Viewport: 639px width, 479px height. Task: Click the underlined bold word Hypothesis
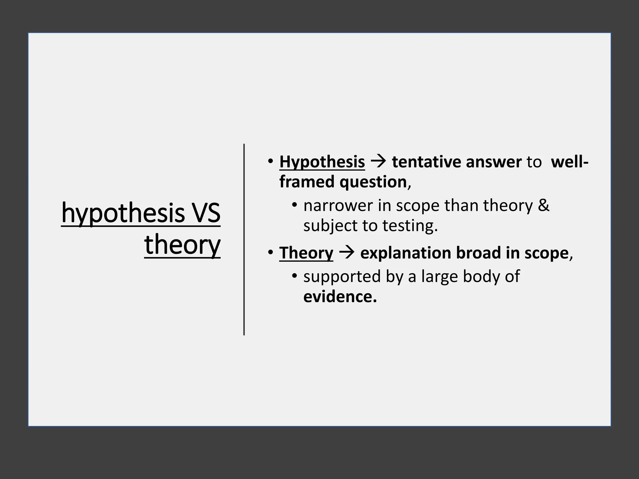coord(322,162)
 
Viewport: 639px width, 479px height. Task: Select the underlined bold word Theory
coord(306,253)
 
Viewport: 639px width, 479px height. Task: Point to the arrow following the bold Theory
coord(347,253)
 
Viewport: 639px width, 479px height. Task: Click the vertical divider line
coord(244,239)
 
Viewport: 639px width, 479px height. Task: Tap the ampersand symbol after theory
coord(544,206)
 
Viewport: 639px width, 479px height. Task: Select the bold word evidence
coord(340,297)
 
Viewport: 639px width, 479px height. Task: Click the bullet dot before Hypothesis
coord(270,162)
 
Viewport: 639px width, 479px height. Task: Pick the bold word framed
coord(307,182)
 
